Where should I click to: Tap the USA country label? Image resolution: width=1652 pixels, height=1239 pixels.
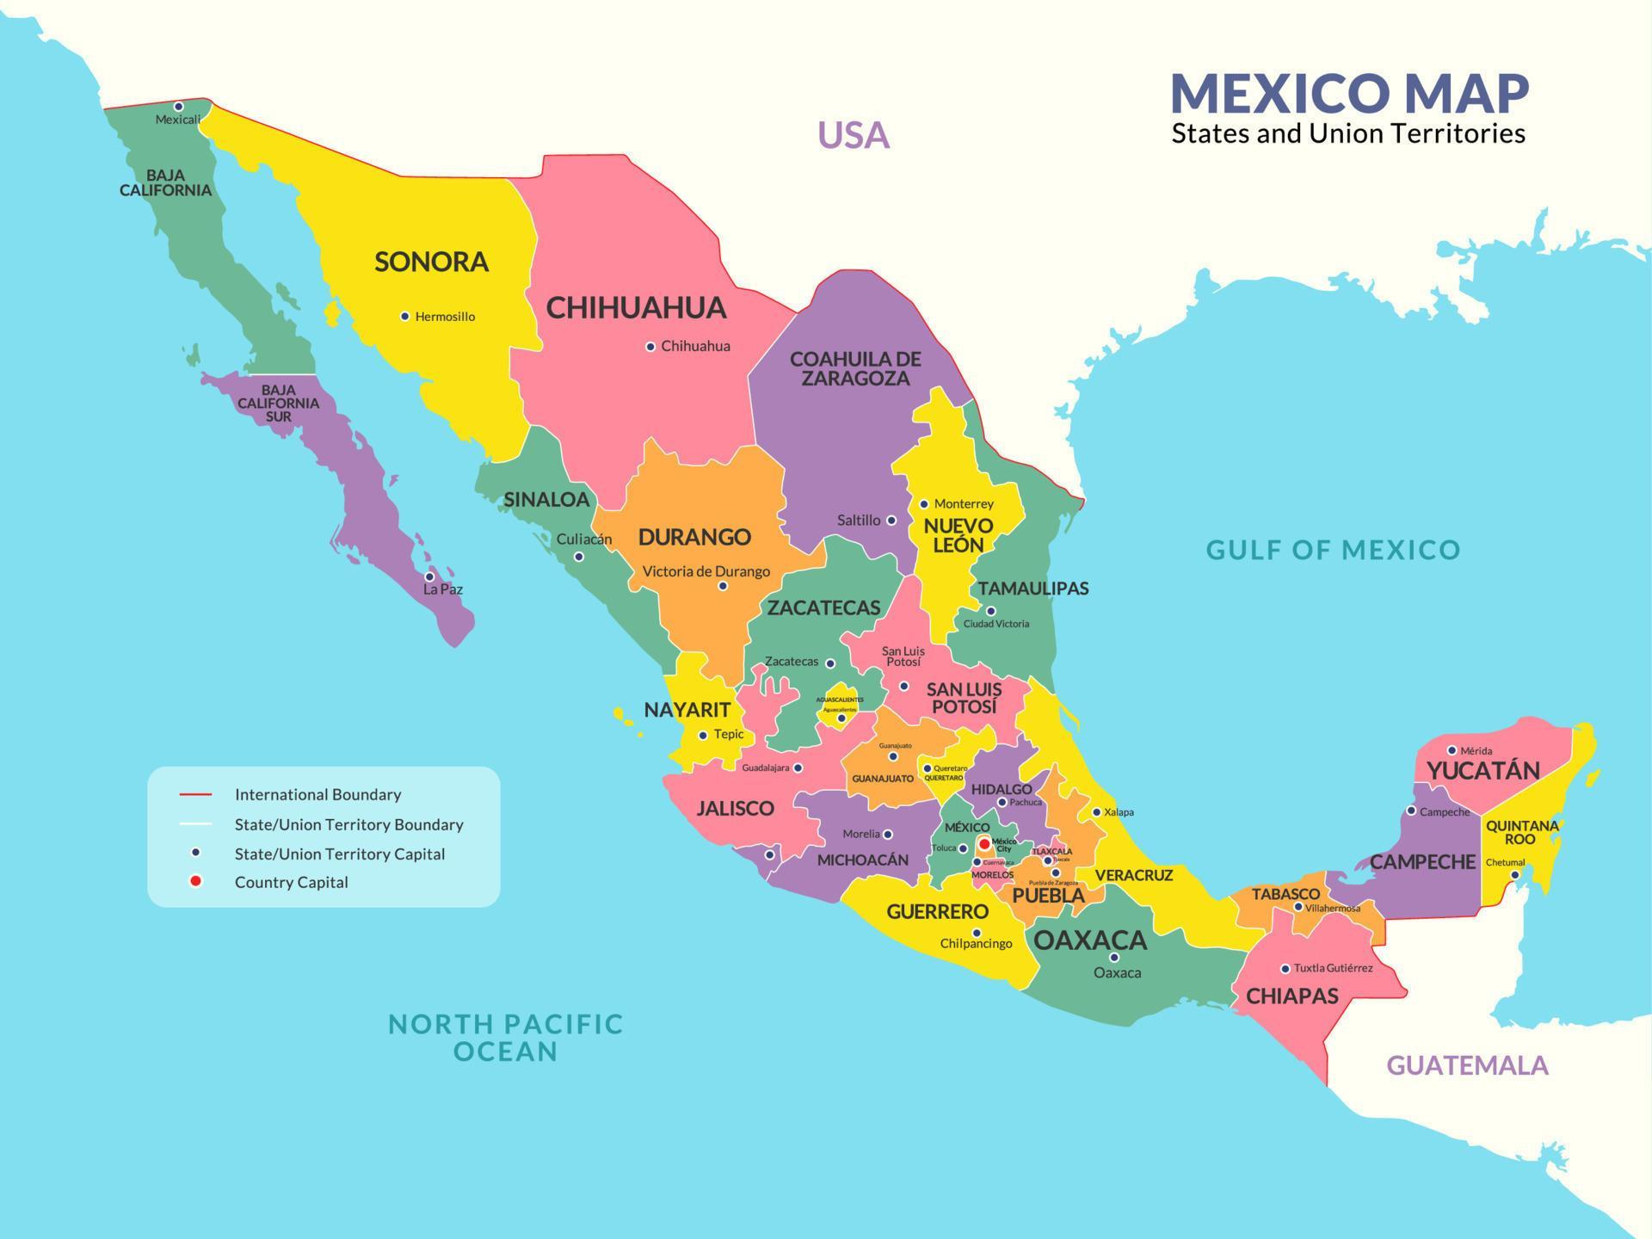click(x=853, y=135)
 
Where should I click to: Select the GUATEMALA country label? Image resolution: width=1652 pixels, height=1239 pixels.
click(x=1467, y=1066)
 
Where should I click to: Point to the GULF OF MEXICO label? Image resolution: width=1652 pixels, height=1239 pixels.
click(x=1333, y=550)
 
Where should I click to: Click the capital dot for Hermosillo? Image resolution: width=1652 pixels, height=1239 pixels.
click(x=405, y=317)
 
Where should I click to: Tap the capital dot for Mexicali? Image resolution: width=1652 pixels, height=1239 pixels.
click(x=179, y=107)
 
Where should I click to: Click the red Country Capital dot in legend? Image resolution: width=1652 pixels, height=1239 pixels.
click(x=196, y=881)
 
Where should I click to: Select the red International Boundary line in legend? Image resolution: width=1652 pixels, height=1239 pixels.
click(x=196, y=794)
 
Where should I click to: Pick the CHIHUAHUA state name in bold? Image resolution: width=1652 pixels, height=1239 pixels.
click(x=636, y=308)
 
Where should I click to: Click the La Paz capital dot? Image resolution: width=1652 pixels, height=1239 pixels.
click(x=429, y=577)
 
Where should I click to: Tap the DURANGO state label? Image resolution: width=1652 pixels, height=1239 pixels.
click(x=694, y=537)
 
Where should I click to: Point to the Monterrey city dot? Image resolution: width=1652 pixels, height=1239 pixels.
click(x=924, y=504)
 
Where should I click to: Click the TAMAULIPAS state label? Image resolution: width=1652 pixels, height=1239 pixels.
click(x=1032, y=589)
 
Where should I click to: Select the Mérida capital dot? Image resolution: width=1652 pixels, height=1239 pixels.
click(x=1452, y=750)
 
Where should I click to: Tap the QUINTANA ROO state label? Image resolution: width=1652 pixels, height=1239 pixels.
click(x=1521, y=832)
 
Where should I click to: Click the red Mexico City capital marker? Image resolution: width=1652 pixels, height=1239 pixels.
click(x=984, y=844)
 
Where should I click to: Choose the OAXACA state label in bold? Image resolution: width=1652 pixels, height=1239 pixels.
click(x=1089, y=940)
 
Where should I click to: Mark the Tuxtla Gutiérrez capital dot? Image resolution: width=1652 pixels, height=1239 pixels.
click(x=1285, y=969)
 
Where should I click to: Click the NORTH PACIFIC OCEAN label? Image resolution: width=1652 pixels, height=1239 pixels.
click(x=505, y=1037)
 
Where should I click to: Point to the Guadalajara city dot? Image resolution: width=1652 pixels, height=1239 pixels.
click(x=798, y=767)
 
